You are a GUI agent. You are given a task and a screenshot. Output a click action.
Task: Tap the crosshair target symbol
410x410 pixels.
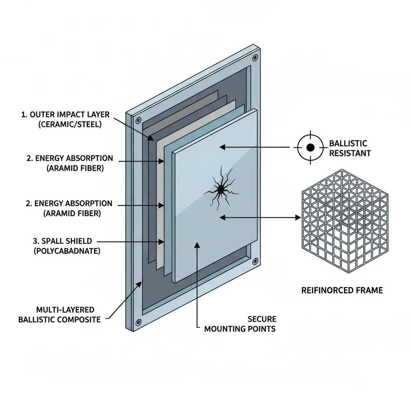(310, 147)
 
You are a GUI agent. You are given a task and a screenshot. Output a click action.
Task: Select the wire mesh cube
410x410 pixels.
(345, 221)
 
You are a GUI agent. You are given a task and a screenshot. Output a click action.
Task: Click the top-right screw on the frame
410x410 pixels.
(255, 58)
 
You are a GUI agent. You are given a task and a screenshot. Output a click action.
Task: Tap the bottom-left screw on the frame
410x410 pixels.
(139, 322)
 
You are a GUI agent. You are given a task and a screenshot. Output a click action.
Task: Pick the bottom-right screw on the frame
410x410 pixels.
(255, 261)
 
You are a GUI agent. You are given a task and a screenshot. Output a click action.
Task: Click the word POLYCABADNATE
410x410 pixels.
(67, 251)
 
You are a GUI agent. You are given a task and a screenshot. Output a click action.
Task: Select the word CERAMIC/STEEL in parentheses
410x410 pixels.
(70, 124)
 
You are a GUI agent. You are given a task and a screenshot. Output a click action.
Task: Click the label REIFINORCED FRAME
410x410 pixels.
(342, 290)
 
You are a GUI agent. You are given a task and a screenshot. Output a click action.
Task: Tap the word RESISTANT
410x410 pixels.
(350, 153)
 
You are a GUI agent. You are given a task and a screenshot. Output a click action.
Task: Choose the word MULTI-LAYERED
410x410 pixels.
(65, 310)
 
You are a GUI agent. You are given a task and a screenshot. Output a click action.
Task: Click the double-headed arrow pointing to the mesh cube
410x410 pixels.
(260, 217)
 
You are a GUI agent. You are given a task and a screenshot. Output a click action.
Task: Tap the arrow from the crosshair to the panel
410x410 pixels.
(255, 147)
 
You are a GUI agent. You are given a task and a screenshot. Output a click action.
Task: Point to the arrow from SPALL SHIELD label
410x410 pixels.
(130, 242)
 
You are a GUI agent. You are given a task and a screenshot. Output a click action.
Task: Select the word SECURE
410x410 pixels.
(262, 319)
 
